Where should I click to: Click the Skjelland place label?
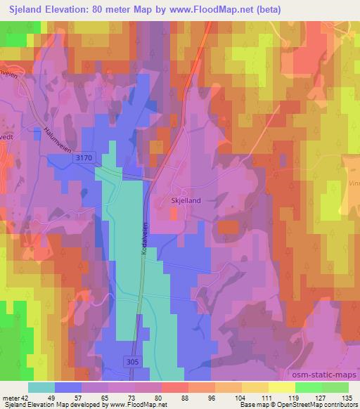point(186,200)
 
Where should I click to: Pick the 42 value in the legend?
point(23,398)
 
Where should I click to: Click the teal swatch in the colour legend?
point(41,387)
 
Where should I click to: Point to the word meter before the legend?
point(9,398)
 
